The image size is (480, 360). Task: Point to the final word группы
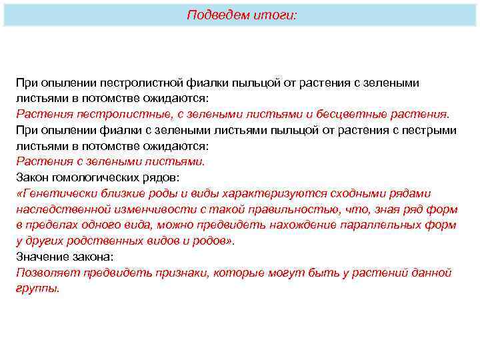tap(37, 289)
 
